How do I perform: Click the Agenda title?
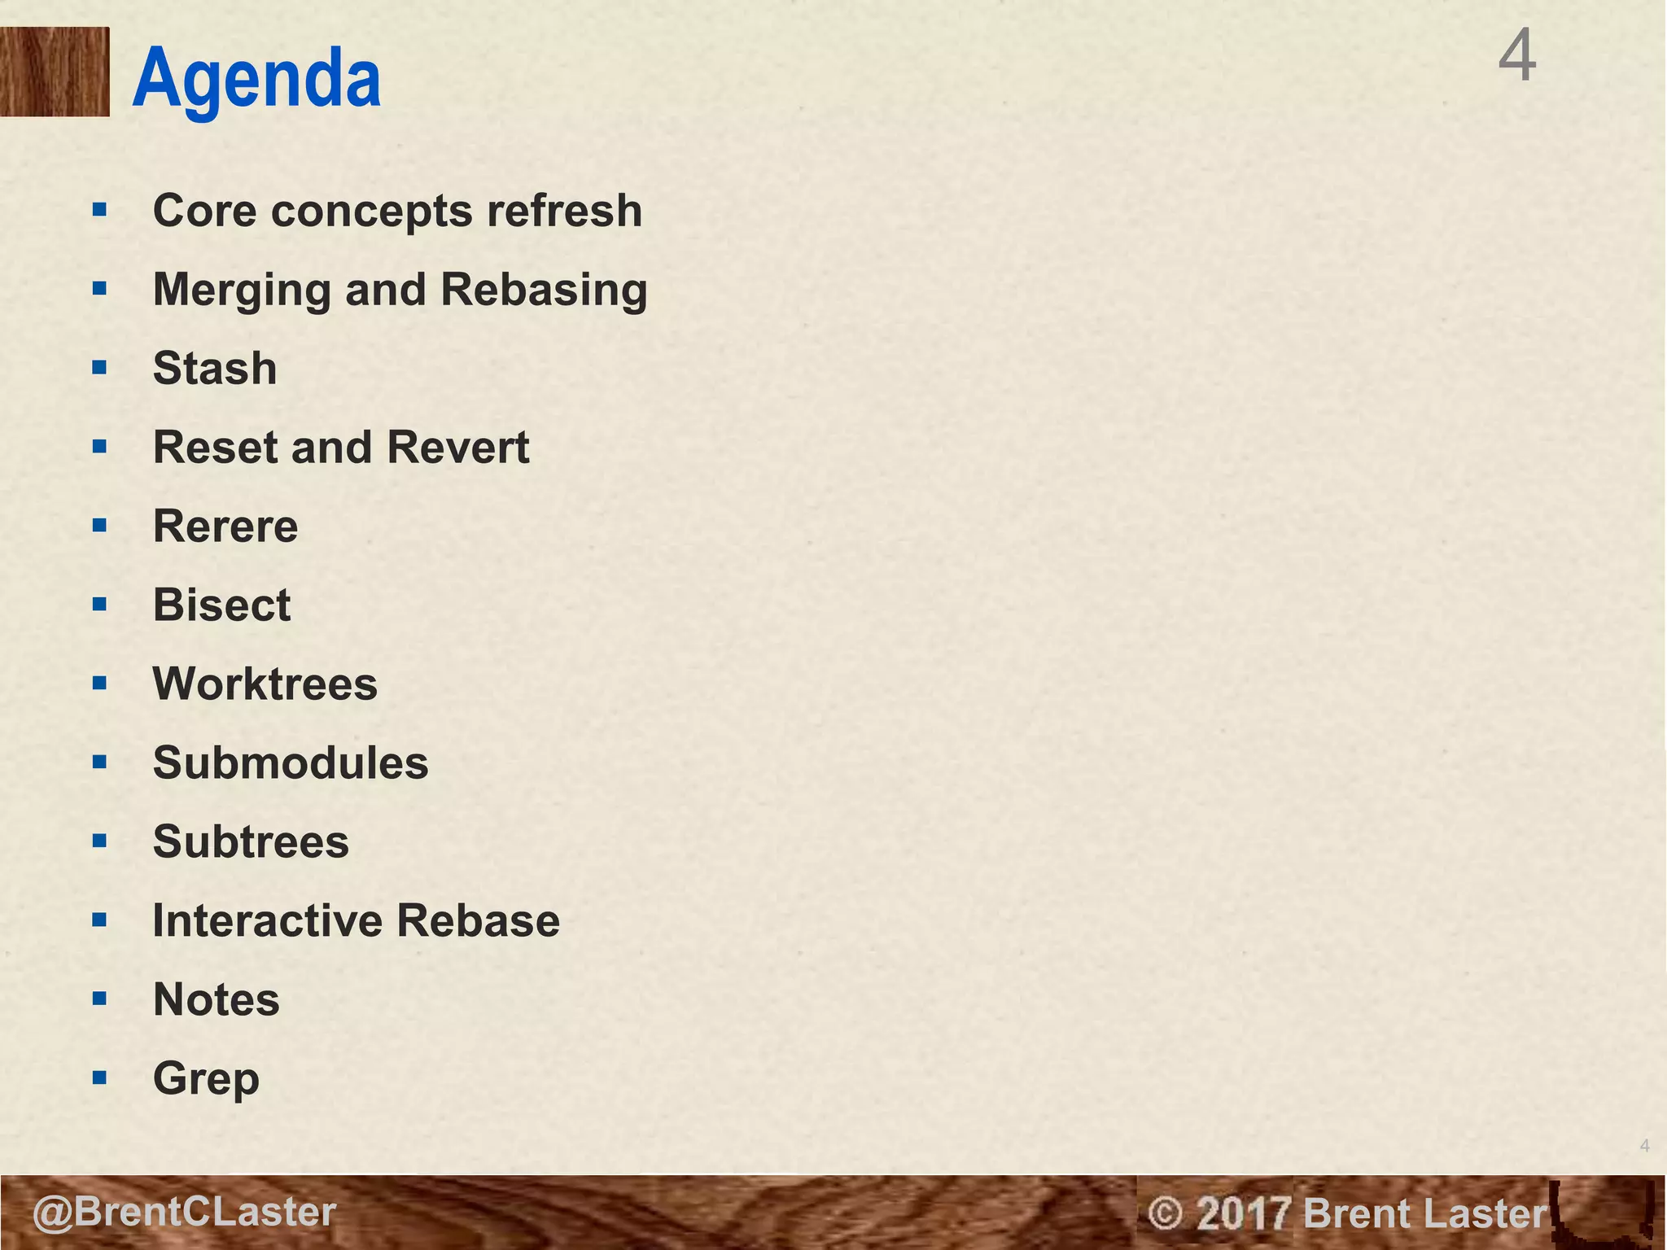[256, 79]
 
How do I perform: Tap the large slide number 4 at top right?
[1517, 55]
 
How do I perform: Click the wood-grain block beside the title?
[55, 72]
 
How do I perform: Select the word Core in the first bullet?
[205, 211]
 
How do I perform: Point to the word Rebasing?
[544, 290]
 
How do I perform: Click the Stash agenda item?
[215, 368]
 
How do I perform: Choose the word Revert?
[458, 447]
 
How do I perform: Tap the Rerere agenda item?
[225, 526]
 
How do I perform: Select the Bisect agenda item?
[221, 605]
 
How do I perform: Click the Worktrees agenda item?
[265, 684]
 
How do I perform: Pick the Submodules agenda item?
[291, 763]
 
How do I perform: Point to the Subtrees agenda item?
[251, 841]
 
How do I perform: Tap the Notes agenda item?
[217, 999]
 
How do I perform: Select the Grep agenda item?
[206, 1079]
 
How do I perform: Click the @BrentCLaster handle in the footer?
[184, 1212]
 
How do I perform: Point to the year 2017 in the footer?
[1244, 1213]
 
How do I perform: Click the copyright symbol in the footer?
[1164, 1213]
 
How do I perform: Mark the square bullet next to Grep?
[99, 1078]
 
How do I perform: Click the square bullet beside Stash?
[99, 368]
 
